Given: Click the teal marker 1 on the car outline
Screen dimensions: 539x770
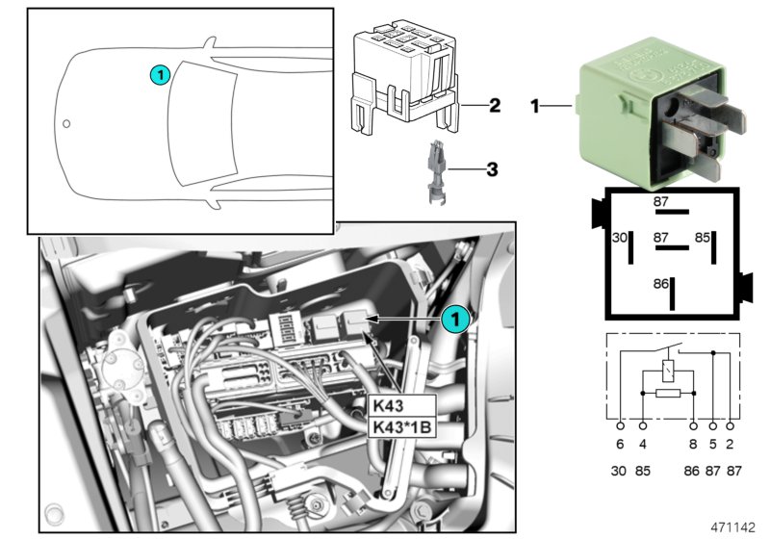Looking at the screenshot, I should tap(161, 73).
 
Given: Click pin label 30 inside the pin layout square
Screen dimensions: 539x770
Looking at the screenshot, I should tap(621, 237).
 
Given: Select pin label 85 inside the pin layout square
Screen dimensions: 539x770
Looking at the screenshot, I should tap(703, 237).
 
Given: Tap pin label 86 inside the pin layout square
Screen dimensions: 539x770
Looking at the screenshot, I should tap(661, 285).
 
